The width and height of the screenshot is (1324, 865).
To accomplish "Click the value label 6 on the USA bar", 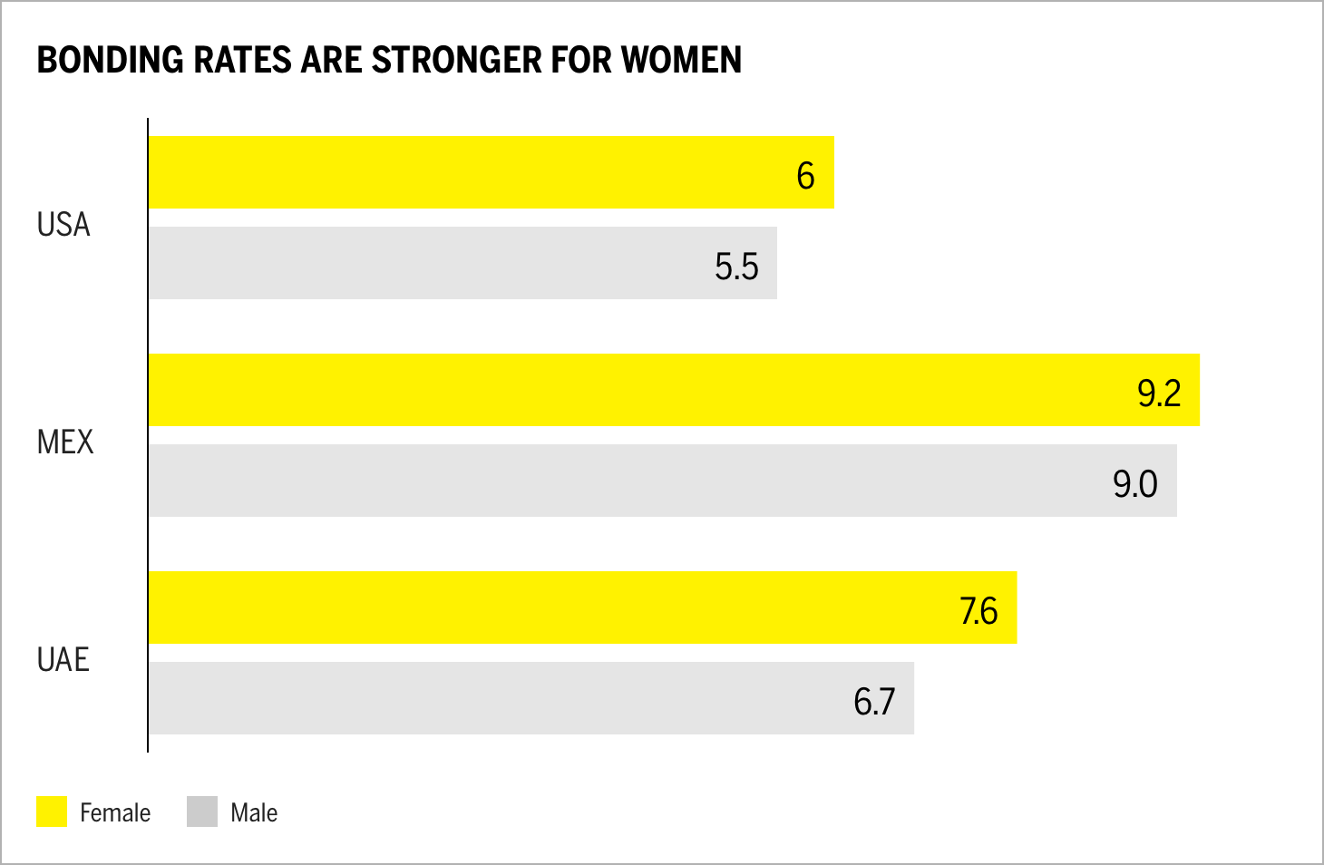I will coord(805,176).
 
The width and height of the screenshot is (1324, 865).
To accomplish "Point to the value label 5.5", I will coord(735,267).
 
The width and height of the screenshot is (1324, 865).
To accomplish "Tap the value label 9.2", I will coord(1159,394).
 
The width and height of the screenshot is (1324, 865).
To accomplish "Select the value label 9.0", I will coord(1135,484).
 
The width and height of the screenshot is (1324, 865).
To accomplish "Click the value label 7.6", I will coord(978,611).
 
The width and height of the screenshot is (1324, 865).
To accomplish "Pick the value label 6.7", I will coord(874,702).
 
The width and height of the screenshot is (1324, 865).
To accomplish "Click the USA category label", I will coord(63,225).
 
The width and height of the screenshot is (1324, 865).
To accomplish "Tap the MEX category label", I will coord(65,442).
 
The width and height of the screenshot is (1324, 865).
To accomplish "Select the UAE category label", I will coord(63,660).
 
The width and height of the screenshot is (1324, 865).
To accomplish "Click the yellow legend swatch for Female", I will coord(52,812).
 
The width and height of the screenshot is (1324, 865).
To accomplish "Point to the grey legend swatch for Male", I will coord(202,812).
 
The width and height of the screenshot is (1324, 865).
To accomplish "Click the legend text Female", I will coord(115,812).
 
